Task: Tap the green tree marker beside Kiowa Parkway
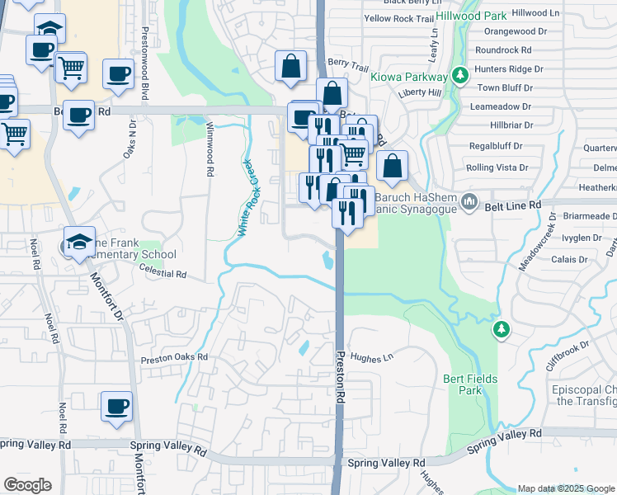coord(460,77)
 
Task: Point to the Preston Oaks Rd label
coord(174,358)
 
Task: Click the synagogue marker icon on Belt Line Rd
coord(469,201)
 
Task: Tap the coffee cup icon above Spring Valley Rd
coord(116,407)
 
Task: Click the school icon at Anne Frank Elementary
coord(80,241)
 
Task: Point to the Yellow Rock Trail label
coord(398,18)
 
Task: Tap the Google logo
coord(27,485)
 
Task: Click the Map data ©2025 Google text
coord(565,488)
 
